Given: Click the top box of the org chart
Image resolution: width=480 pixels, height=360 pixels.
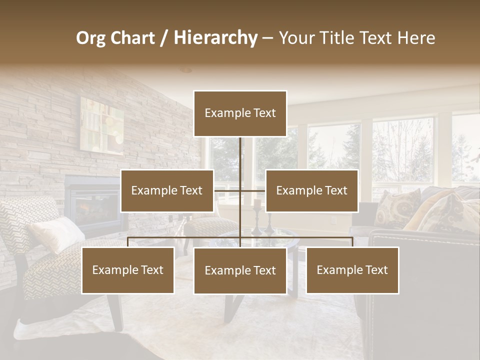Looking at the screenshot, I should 240,113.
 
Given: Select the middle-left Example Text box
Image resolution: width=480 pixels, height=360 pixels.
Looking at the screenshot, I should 167,190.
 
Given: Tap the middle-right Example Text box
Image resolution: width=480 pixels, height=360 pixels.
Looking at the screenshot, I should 311,190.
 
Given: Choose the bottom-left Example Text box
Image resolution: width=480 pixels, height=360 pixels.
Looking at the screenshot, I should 128,270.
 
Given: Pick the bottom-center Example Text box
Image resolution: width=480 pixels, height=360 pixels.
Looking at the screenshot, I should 240,270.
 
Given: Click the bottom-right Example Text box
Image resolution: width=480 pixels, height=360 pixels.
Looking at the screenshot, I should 352,270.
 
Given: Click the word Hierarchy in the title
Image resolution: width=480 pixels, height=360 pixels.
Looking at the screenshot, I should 215,37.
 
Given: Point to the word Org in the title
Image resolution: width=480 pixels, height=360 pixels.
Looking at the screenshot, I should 90,38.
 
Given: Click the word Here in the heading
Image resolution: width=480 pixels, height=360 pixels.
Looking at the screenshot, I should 416,37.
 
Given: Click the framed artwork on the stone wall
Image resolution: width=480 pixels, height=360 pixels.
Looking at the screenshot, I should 102,125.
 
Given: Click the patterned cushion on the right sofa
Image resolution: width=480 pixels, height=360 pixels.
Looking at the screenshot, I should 397,207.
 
